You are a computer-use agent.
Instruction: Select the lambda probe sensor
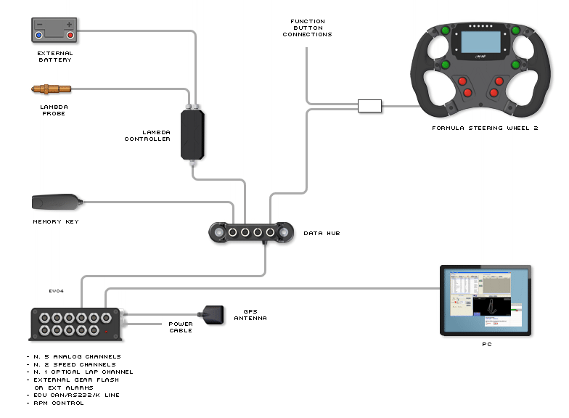point(52,89)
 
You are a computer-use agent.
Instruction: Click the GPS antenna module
point(216,315)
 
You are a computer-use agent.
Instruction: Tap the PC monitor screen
point(486,299)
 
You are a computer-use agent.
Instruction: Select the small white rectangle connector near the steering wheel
point(369,107)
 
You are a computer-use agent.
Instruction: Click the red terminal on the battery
point(70,35)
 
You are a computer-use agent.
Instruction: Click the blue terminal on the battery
point(40,35)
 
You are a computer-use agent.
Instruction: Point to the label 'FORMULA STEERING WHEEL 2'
point(485,128)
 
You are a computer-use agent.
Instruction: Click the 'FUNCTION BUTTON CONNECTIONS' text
point(307,28)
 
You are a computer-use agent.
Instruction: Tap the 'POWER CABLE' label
point(181,327)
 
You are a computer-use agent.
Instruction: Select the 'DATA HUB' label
point(322,233)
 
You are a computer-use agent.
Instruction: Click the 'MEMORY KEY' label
point(55,221)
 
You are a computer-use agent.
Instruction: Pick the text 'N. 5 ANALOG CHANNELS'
point(77,356)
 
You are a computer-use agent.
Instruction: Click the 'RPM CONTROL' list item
point(58,403)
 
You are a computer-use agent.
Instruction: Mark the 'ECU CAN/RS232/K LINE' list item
point(76,395)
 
